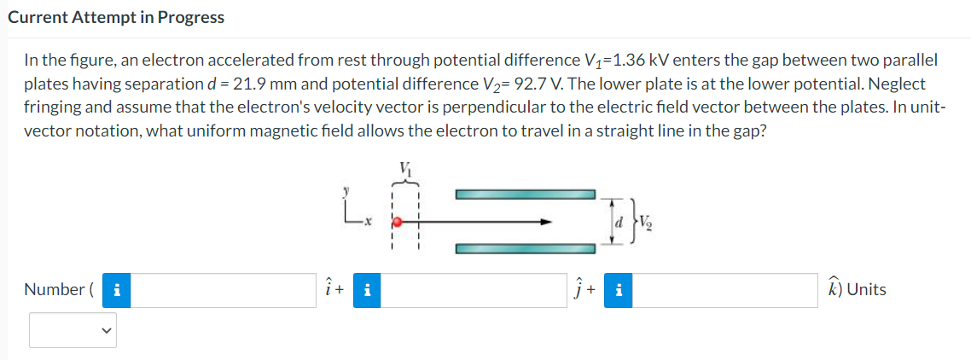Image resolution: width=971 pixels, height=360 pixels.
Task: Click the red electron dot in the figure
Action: tap(395, 221)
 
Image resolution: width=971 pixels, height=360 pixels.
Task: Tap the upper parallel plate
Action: tap(525, 194)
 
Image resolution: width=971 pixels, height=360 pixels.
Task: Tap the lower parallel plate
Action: tap(525, 250)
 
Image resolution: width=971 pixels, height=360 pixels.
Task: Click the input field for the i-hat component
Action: tap(224, 290)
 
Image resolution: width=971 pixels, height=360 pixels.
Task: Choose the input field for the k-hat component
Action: tap(724, 290)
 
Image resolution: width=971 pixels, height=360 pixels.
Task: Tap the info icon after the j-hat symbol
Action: tap(618, 290)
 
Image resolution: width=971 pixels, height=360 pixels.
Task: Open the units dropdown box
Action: tap(73, 329)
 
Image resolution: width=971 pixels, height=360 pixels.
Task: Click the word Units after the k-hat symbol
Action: tap(866, 290)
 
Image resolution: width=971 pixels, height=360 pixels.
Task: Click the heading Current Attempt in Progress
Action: tap(116, 17)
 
